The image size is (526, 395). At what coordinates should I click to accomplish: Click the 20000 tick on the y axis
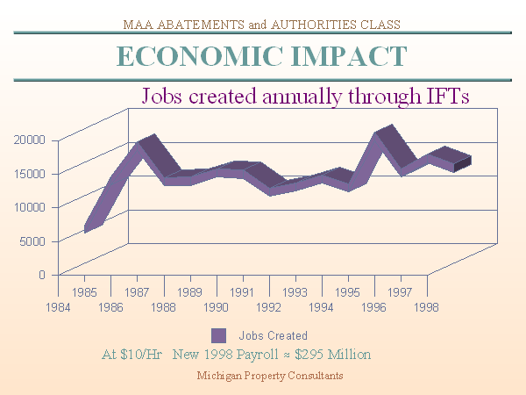click(x=29, y=139)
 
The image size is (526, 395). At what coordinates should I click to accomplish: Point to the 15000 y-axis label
click(x=29, y=173)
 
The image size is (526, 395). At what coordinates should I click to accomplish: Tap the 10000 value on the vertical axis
click(x=29, y=206)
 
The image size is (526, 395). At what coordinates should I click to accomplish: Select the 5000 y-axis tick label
click(x=32, y=241)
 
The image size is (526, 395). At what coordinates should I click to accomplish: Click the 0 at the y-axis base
click(x=41, y=274)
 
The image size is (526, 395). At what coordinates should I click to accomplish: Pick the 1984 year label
click(x=58, y=307)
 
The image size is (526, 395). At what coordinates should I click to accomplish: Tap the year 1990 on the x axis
click(x=217, y=307)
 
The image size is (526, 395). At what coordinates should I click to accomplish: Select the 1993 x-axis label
click(x=295, y=291)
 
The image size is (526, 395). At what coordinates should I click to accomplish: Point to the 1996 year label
click(x=374, y=307)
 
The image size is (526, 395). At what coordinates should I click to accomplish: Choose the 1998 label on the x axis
click(x=427, y=307)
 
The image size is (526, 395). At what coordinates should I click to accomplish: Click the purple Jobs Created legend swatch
click(x=218, y=335)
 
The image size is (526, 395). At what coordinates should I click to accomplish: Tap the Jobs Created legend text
click(x=273, y=335)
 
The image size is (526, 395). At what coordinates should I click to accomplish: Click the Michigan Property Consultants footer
click(x=269, y=375)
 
